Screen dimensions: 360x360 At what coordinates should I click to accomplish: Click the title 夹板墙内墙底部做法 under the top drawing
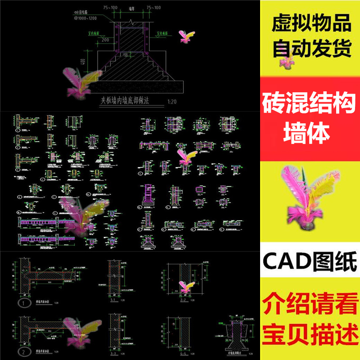tap(130, 102)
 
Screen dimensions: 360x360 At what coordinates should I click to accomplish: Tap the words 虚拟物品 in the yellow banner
tap(310, 23)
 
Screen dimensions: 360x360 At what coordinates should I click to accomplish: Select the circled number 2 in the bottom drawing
tap(22, 351)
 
